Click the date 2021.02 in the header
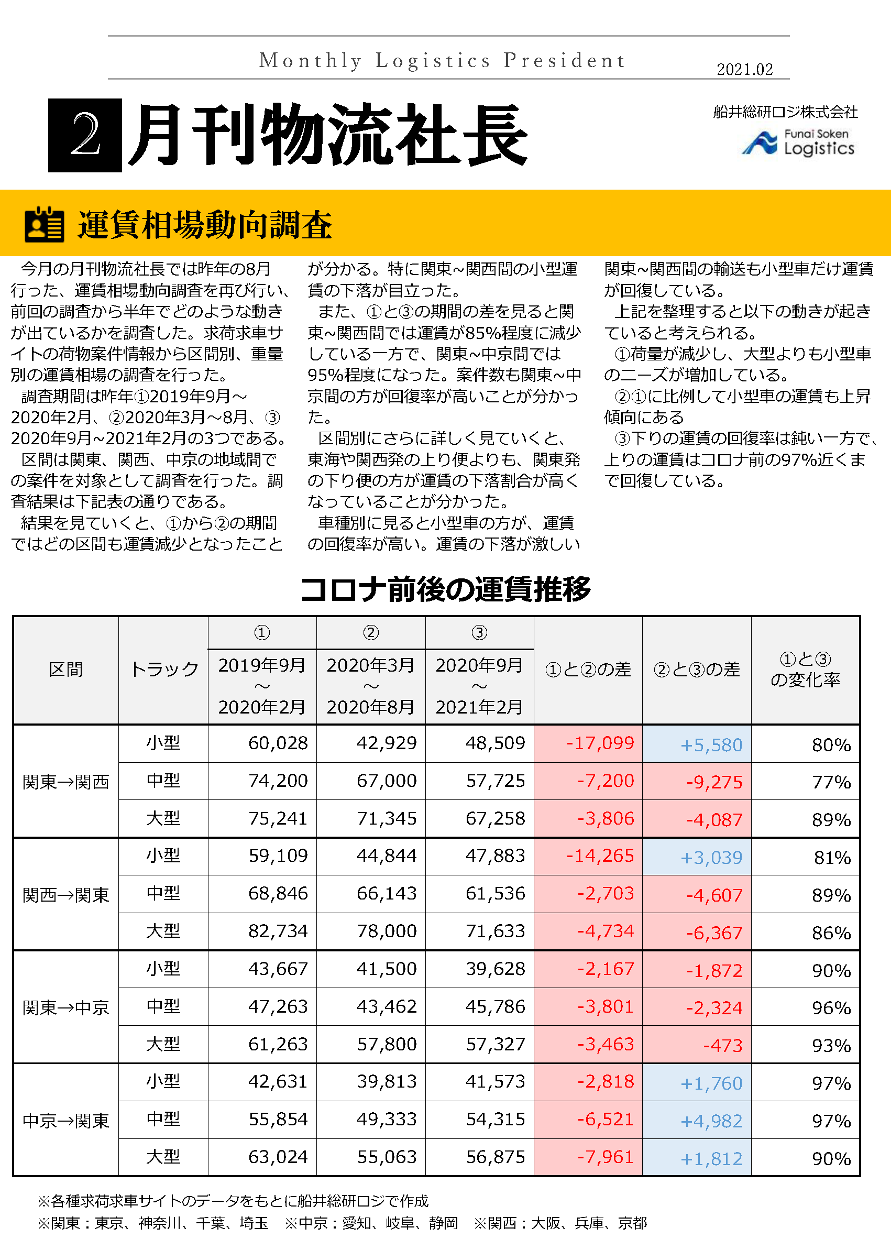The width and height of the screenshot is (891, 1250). (x=744, y=69)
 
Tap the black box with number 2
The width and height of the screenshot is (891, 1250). (x=85, y=135)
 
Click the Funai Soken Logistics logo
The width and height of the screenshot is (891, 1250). (x=798, y=142)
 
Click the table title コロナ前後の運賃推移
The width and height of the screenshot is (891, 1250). (x=445, y=589)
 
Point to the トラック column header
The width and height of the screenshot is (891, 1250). (x=163, y=669)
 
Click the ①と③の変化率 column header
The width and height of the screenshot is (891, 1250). (x=805, y=669)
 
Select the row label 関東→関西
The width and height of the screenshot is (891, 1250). (x=66, y=782)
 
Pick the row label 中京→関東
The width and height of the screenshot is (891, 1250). (x=66, y=1121)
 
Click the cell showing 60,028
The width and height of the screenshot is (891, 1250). (x=278, y=743)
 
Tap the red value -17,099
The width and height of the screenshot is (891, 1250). (x=600, y=743)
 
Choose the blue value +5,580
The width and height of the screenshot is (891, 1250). (x=711, y=744)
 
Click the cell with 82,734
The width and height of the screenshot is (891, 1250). (x=278, y=931)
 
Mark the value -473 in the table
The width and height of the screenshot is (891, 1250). (x=722, y=1045)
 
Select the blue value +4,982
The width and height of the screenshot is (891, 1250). (x=711, y=1121)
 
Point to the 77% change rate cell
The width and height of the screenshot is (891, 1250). (x=831, y=782)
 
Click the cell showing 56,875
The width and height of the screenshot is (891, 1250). (x=495, y=1157)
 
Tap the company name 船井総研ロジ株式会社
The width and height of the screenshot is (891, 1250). (x=785, y=112)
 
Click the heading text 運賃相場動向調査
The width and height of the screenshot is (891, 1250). (x=205, y=225)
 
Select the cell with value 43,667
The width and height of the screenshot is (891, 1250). (x=278, y=969)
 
